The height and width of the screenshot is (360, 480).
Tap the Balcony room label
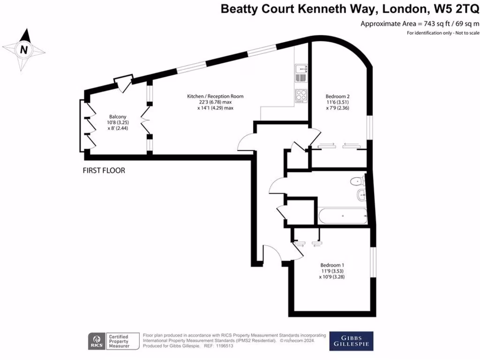click(x=117, y=116)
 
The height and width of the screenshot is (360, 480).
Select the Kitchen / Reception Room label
click(x=215, y=96)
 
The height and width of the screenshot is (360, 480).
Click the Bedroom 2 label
click(x=337, y=96)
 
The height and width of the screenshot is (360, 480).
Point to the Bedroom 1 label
click(x=332, y=264)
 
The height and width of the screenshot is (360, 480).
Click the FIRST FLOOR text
click(x=104, y=171)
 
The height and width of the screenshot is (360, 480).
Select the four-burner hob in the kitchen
click(x=300, y=95)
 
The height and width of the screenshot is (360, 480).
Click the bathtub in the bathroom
click(x=342, y=216)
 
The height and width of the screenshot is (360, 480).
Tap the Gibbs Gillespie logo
click(x=351, y=341)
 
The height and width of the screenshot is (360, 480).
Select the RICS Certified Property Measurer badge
click(x=114, y=341)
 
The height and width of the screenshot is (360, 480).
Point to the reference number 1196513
click(x=224, y=345)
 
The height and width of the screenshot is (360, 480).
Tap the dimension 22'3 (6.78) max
click(x=215, y=102)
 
